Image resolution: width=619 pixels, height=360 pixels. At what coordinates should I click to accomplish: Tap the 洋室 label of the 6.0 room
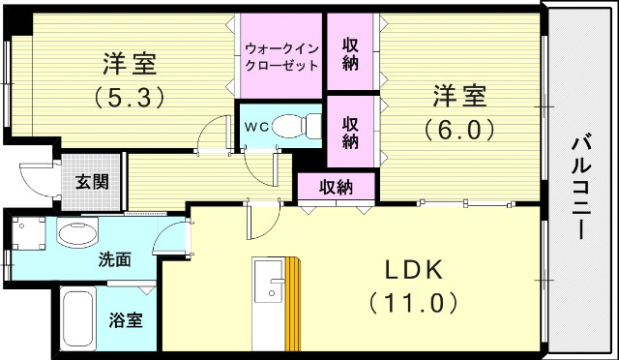pos(458,97)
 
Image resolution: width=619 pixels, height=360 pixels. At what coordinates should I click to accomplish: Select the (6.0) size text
pos(458,128)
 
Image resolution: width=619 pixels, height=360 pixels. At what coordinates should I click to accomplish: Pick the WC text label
pos(255,127)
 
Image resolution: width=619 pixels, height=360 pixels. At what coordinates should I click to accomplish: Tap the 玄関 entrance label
pos(94,181)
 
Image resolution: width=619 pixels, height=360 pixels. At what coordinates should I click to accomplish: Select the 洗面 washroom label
pos(115,259)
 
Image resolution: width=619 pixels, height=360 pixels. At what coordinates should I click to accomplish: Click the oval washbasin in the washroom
pos(77,233)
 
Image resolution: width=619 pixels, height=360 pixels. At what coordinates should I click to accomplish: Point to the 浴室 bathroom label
pos(125,319)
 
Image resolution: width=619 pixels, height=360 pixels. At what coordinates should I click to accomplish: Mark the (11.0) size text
pos(413,303)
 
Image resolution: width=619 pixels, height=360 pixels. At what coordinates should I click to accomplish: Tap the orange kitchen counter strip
pos(294,306)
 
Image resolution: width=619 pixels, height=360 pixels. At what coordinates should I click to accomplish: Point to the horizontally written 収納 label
pos(337,187)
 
